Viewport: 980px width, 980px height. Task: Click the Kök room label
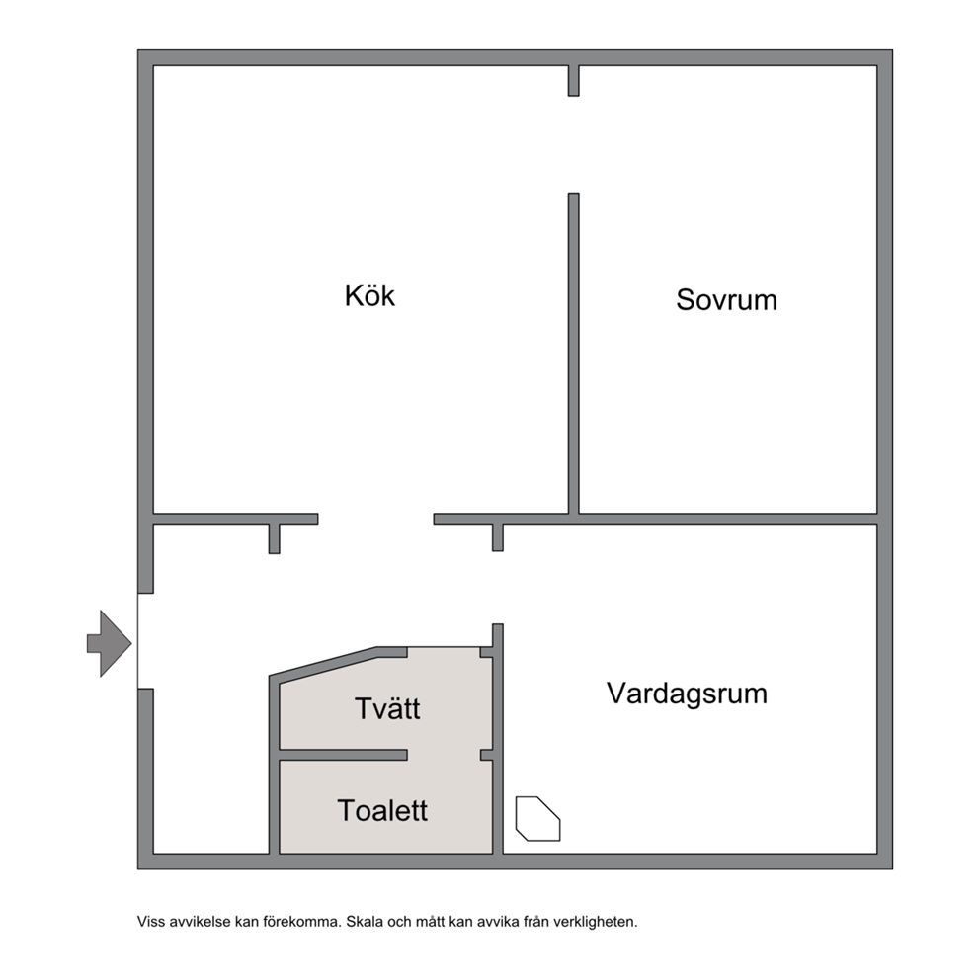click(x=369, y=295)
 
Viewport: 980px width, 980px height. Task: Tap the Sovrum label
click(x=726, y=300)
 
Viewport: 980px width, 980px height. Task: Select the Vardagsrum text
click(x=687, y=694)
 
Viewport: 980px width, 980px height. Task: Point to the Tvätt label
click(x=387, y=708)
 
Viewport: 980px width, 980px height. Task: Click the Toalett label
click(x=382, y=811)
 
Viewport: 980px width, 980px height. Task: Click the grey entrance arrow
click(x=110, y=643)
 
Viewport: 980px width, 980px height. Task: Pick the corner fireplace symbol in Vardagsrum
click(x=537, y=819)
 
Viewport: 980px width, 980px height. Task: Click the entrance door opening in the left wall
click(x=145, y=640)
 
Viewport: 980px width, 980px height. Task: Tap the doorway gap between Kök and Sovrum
click(x=573, y=144)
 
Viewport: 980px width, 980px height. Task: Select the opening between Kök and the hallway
click(x=375, y=519)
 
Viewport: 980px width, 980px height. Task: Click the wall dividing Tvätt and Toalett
click(x=343, y=755)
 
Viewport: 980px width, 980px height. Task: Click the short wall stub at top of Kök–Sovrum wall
click(x=573, y=81)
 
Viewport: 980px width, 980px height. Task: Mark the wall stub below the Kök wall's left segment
click(x=274, y=538)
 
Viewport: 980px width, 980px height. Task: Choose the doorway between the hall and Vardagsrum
click(x=498, y=588)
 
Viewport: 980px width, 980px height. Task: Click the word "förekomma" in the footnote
click(x=302, y=922)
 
